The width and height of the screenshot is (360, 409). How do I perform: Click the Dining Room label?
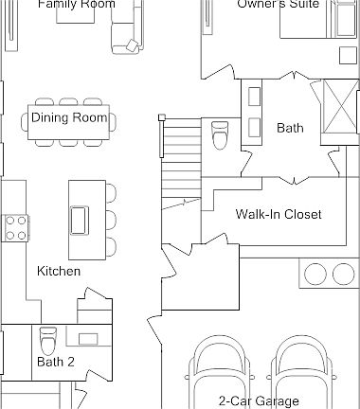tap(69, 118)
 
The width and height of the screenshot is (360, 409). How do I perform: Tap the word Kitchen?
tap(59, 272)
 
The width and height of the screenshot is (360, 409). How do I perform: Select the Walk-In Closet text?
tap(279, 215)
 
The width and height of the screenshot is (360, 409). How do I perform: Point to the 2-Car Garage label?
tap(259, 400)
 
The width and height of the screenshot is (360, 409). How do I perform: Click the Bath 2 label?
tap(55, 362)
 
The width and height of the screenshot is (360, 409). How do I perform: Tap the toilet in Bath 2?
tap(47, 338)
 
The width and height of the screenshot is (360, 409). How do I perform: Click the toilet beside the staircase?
tap(221, 134)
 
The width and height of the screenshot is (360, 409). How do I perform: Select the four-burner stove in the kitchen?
tap(17, 227)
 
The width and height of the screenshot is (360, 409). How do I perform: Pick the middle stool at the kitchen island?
tap(110, 220)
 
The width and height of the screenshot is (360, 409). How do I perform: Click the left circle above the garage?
tap(313, 275)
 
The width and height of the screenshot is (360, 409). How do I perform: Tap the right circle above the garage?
tap(343, 275)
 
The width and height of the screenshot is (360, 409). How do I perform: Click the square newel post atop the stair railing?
tap(161, 117)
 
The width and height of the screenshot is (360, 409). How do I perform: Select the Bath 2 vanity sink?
tap(89, 338)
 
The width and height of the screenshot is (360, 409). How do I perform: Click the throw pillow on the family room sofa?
tap(130, 44)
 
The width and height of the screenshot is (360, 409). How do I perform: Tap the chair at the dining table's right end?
tap(114, 121)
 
